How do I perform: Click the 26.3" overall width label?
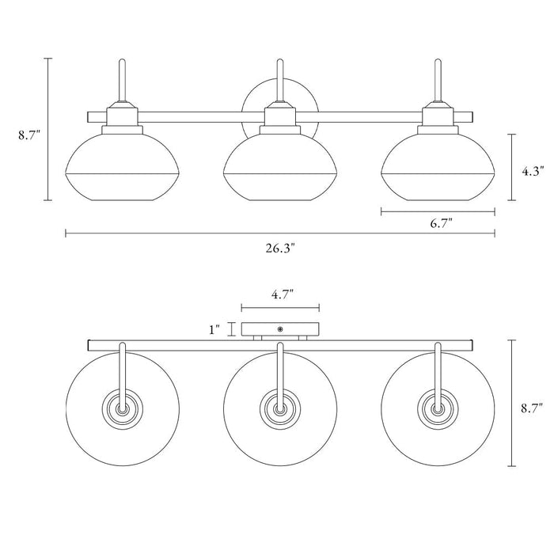click(280, 249)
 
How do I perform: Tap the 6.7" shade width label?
click(441, 225)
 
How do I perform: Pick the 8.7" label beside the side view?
click(28, 135)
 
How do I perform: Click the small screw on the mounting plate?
click(280, 328)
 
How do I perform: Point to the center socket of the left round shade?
click(123, 410)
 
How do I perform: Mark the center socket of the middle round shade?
click(279, 410)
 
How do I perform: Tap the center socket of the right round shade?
click(436, 410)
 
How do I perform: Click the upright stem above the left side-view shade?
click(122, 81)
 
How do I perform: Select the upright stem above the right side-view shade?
click(438, 81)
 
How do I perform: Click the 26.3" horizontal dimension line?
click(198, 233)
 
